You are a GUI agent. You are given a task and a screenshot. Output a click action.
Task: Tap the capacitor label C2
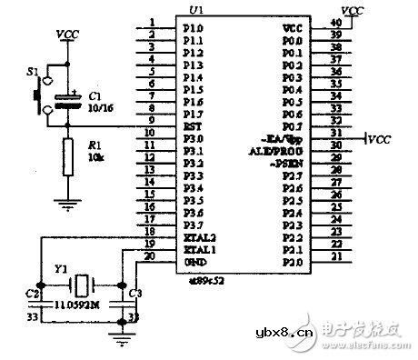point(32,294)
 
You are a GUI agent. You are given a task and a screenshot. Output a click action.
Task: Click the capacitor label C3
point(135,294)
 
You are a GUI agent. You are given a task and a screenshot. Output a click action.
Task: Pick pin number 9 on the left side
point(150,119)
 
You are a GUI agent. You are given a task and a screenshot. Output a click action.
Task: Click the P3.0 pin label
point(193,135)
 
